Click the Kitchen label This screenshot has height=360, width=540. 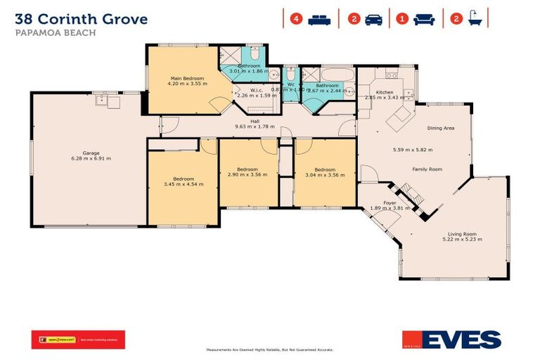tap(384, 92)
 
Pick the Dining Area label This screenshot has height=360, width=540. tap(441, 128)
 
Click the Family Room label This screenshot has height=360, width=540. tap(427, 169)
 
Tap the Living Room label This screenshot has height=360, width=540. tap(462, 234)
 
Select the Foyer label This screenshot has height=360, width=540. tap(389, 202)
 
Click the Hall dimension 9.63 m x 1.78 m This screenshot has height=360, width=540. tap(254, 127)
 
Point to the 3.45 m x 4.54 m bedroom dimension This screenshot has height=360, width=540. tap(184, 184)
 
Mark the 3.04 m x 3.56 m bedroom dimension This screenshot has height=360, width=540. tap(324, 175)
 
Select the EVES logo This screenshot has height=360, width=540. tap(451, 340)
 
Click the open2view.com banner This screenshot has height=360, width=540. tap(78, 340)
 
